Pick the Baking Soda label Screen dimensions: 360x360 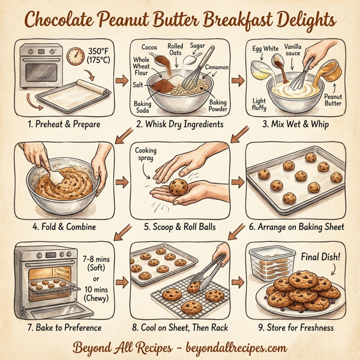tap(142, 107)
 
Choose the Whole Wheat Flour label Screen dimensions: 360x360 tap(141, 67)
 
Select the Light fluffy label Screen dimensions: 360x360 tap(260, 103)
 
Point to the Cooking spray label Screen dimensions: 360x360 tap(146, 154)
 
